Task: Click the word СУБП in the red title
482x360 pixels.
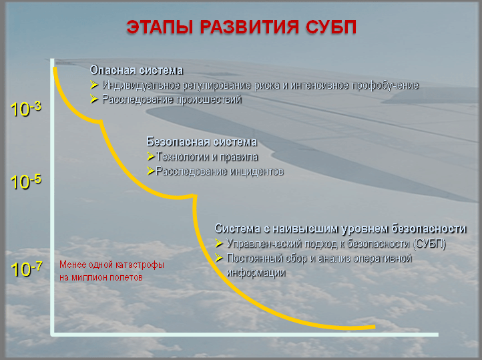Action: (x=331, y=27)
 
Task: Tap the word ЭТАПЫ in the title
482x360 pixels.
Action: (x=160, y=27)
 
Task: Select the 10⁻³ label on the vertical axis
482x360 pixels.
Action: (x=25, y=109)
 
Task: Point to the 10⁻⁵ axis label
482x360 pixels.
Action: (x=25, y=182)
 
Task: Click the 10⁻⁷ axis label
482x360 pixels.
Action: (x=27, y=269)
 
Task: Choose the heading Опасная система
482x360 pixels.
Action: (x=136, y=70)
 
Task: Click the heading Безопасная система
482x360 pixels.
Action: (x=202, y=142)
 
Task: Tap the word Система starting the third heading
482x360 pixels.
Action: (x=238, y=228)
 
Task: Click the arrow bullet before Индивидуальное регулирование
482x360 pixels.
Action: (x=94, y=85)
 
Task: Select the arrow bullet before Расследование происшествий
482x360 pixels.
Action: (x=94, y=99)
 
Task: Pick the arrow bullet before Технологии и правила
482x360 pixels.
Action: (x=151, y=156)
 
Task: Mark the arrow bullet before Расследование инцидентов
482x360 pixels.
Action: (x=151, y=171)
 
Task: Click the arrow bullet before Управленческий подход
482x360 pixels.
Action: (x=218, y=243)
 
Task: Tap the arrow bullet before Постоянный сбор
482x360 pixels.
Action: (x=218, y=258)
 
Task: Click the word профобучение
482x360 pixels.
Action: (x=385, y=85)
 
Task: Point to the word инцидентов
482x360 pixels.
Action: (x=256, y=171)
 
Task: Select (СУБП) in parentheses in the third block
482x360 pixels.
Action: (x=429, y=244)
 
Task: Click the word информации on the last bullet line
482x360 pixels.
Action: (x=256, y=273)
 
